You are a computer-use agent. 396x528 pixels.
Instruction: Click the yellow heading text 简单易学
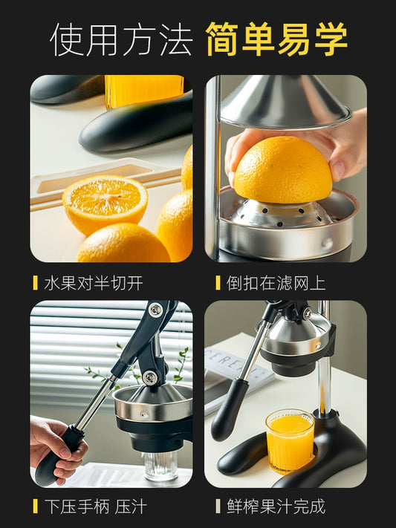[276, 39]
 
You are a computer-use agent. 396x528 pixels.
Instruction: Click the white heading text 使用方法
[121, 39]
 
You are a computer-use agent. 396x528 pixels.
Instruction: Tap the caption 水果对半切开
[94, 283]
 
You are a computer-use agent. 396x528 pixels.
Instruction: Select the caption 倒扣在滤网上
[276, 283]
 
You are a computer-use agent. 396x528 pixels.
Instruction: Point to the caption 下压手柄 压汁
[96, 506]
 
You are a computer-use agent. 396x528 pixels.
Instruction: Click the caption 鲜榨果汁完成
[276, 506]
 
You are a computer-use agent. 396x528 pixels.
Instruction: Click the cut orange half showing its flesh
[105, 204]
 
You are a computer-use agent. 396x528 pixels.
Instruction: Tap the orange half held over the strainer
[283, 170]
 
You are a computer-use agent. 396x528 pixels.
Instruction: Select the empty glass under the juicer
[161, 466]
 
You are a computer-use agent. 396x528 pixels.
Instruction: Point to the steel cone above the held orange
[286, 101]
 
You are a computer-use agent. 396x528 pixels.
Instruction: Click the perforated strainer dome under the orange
[279, 215]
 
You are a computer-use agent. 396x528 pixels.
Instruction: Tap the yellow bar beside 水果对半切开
[35, 283]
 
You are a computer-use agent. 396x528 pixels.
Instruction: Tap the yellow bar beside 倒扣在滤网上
[218, 283]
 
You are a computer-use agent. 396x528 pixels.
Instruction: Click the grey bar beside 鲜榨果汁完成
[218, 506]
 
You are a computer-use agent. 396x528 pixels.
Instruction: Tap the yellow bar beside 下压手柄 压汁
[35, 506]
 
